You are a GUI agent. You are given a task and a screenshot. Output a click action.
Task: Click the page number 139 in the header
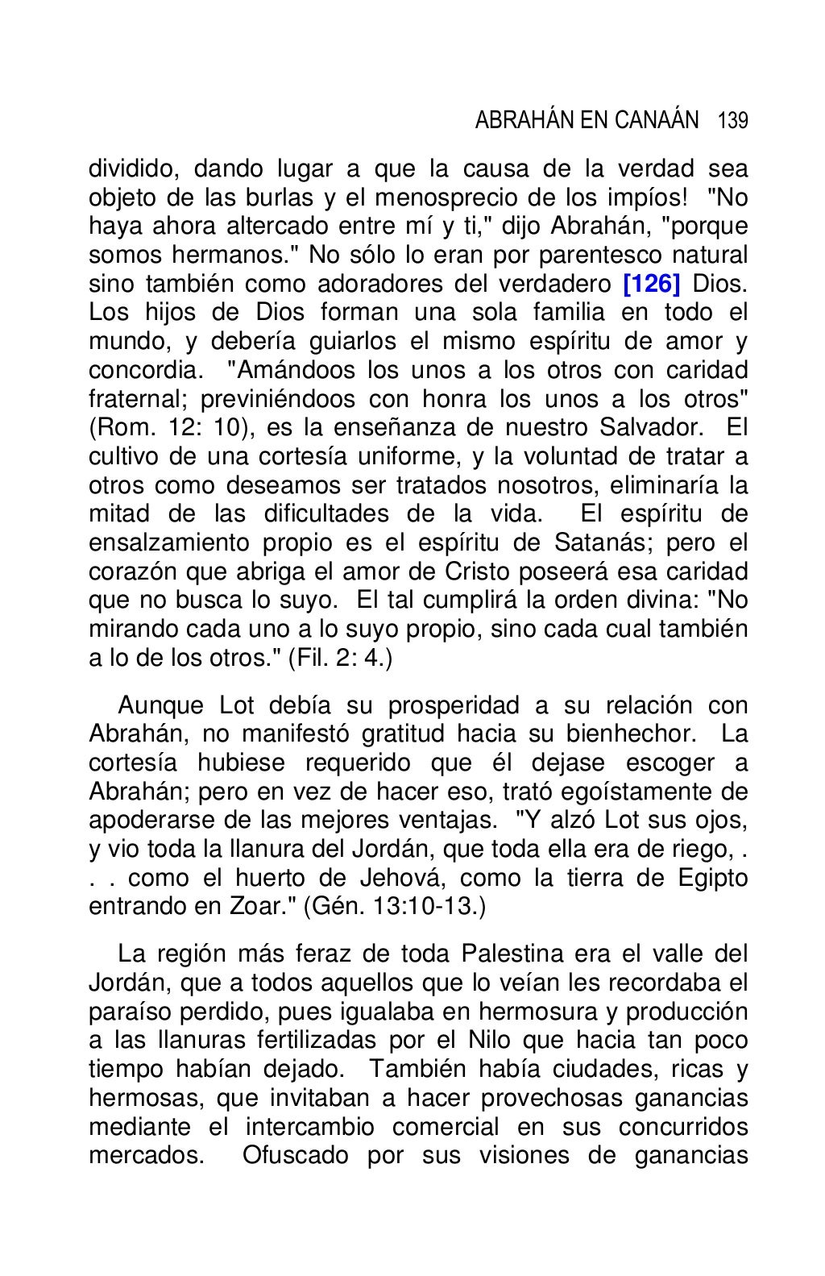[x=732, y=122]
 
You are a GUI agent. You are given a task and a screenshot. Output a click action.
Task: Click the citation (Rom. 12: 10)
[x=167, y=428]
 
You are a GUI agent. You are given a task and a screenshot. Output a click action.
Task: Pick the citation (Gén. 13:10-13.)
[x=395, y=906]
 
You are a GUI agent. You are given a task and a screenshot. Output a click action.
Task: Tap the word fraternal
[x=136, y=399]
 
